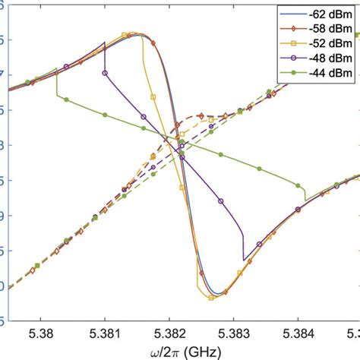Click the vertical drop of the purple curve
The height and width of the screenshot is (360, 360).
click(242, 243)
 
